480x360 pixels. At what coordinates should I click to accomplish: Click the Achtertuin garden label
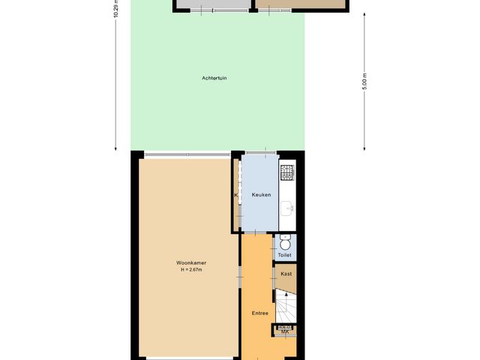click(x=214, y=78)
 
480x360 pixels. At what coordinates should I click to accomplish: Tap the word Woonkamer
click(x=191, y=262)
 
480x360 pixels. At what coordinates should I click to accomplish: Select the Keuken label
click(x=260, y=195)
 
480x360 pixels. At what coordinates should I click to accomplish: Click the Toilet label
click(x=284, y=256)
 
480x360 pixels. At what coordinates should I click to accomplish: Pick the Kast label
click(x=286, y=274)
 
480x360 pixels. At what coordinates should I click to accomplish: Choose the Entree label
click(x=260, y=312)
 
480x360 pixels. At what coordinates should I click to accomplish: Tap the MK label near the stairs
click(x=285, y=331)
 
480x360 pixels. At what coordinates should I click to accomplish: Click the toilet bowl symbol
click(x=285, y=243)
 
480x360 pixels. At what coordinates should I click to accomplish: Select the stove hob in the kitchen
click(x=287, y=174)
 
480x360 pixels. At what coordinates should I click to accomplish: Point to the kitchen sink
click(x=287, y=208)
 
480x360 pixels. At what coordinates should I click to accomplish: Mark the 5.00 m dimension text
click(x=365, y=82)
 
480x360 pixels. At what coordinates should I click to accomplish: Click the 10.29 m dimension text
click(x=116, y=9)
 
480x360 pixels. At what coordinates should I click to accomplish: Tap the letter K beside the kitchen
click(x=236, y=195)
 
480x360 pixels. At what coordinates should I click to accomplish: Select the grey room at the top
click(x=214, y=4)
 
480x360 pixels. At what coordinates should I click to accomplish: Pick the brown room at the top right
click(x=300, y=4)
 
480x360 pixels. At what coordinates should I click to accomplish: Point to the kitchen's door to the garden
click(x=259, y=154)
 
